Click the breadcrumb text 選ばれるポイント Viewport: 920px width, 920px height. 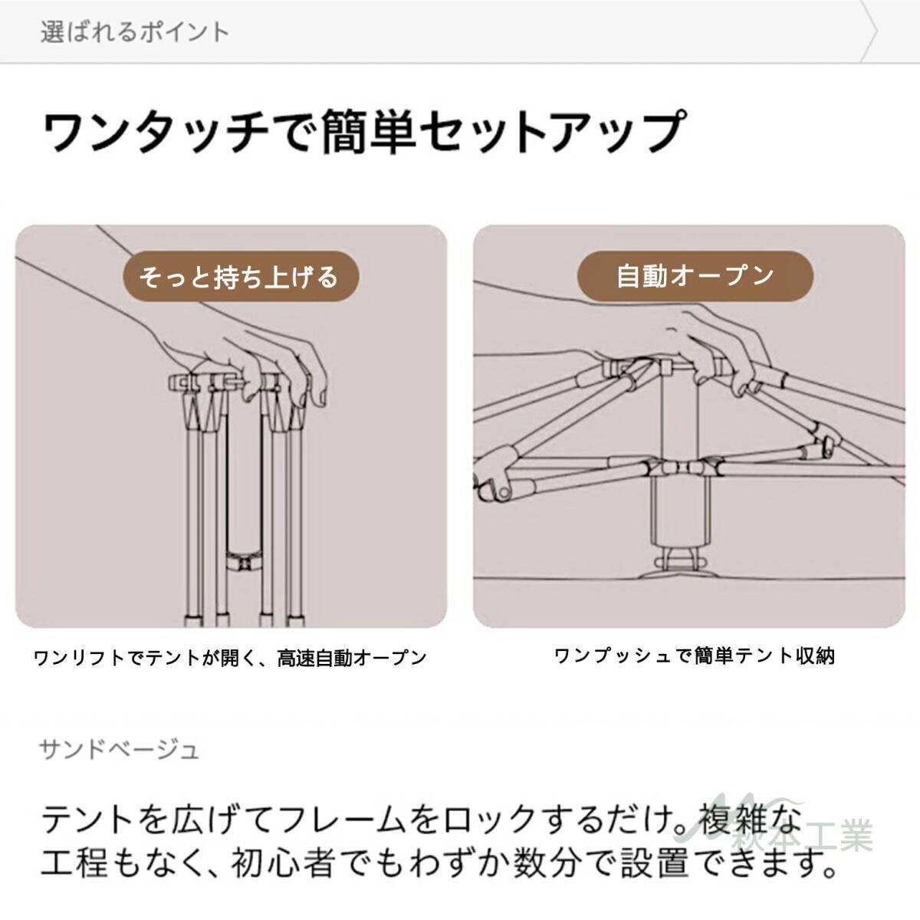pos(135,32)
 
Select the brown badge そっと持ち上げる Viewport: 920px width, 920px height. pos(238,276)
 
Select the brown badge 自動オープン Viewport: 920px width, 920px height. pos(695,275)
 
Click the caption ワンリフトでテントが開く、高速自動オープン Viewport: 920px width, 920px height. pos(230,658)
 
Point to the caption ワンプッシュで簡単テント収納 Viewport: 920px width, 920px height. pos(694,655)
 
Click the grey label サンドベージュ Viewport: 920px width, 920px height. pos(120,748)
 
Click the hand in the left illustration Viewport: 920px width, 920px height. pos(253,353)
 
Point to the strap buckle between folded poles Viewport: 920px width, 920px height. pos(243,563)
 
